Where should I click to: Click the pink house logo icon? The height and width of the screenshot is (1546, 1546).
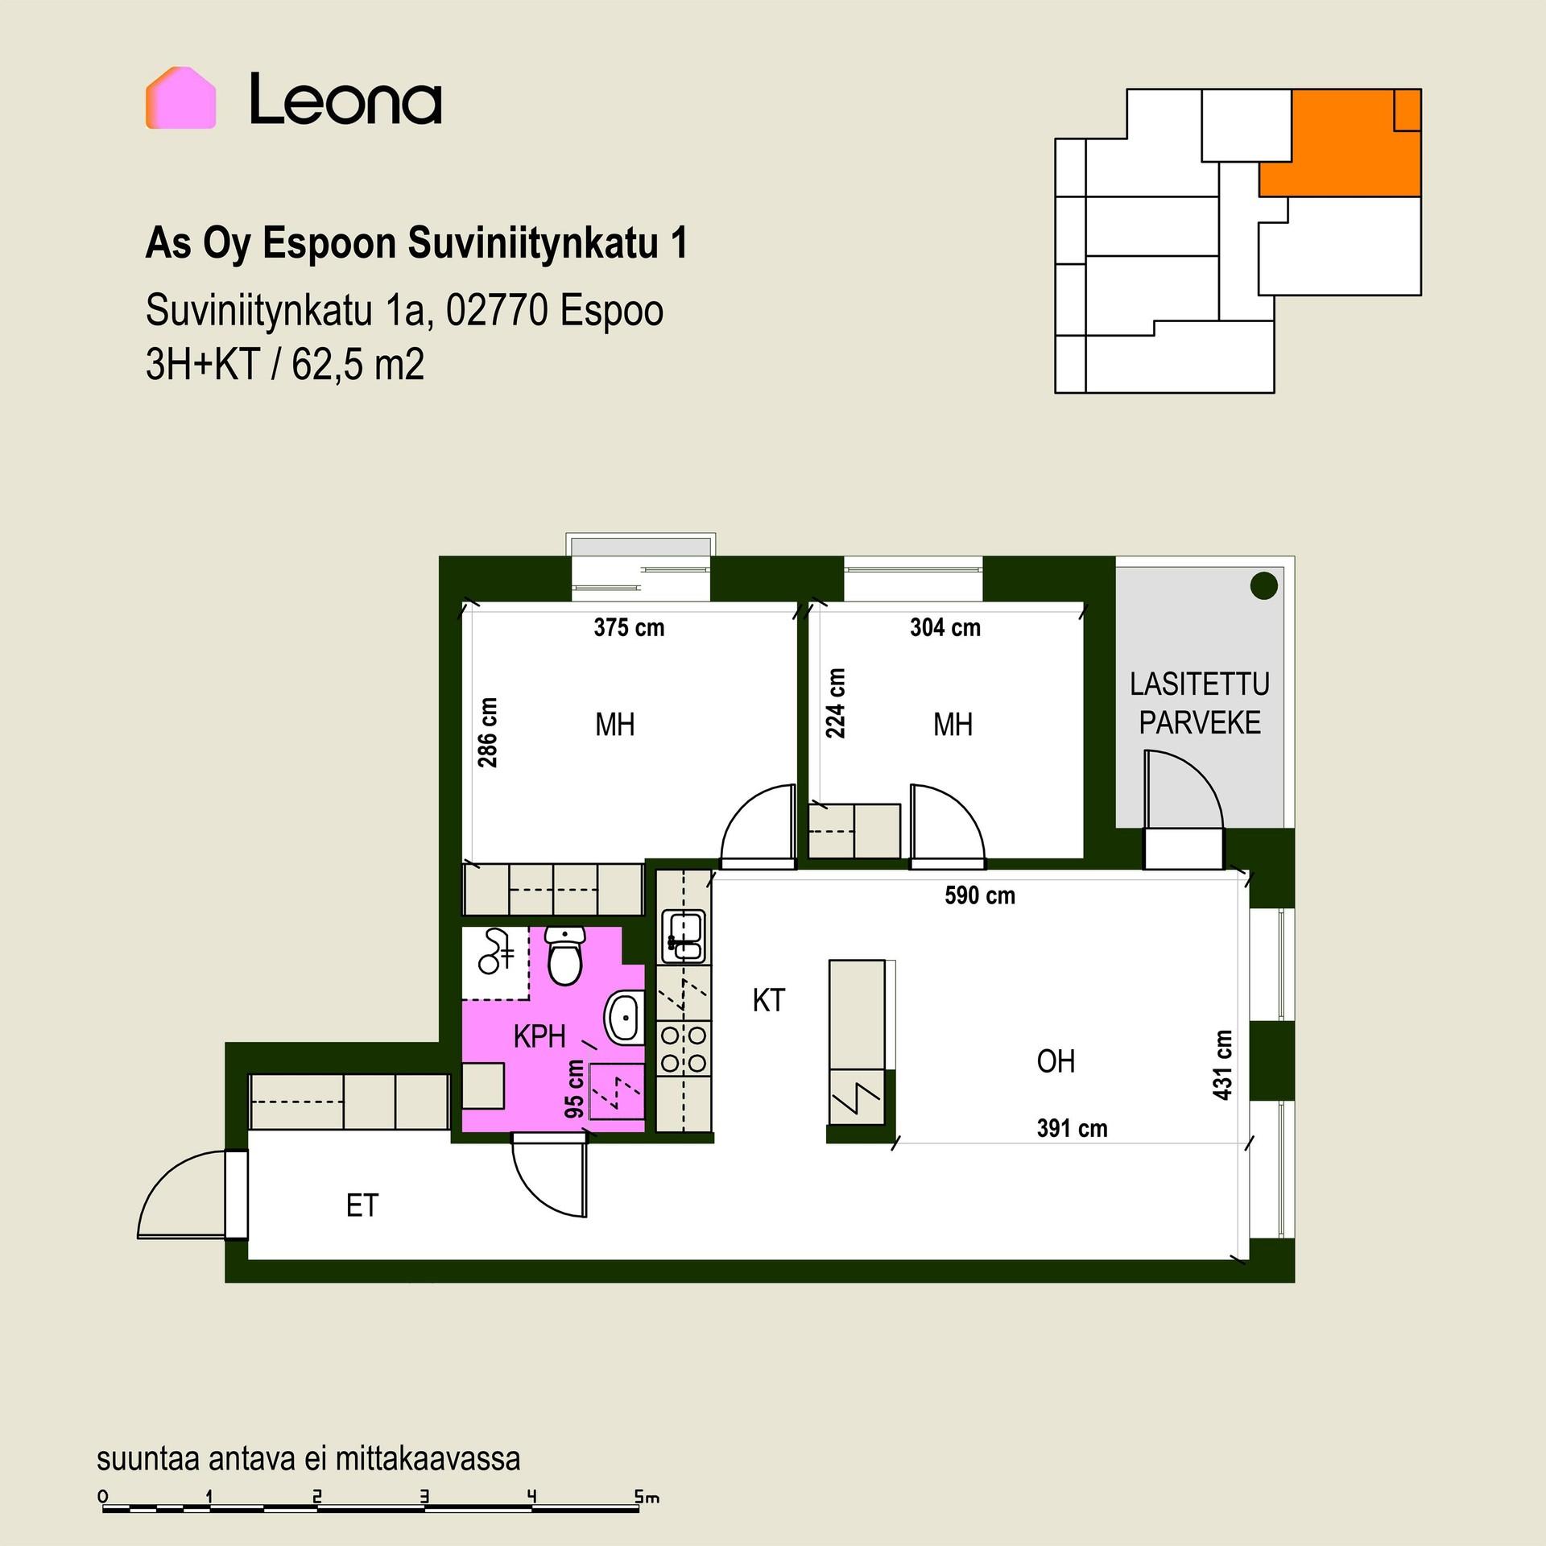coord(180,97)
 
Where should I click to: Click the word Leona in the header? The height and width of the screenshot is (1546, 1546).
coord(345,99)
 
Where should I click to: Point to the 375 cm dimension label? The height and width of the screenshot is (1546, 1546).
coord(629,627)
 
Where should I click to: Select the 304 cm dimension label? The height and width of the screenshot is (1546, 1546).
coord(945,627)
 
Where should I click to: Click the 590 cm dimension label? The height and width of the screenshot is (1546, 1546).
coord(980,895)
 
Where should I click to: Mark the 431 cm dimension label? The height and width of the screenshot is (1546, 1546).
coord(1222,1064)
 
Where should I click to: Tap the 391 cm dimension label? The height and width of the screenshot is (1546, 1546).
coord(1072,1128)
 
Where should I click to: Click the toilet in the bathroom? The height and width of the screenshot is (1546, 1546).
coord(565,955)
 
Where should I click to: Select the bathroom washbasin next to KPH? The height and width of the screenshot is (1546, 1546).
coord(623,1017)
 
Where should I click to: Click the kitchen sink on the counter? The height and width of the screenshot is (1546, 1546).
coord(683,936)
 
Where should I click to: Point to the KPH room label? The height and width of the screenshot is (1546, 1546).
coord(539,1036)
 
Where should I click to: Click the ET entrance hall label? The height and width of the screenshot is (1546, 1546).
coord(362,1205)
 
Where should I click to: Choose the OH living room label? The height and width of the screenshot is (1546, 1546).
coord(1056,1061)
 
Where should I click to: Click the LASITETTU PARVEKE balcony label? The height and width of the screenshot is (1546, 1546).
coord(1200,703)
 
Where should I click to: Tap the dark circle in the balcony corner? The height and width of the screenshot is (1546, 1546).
coord(1264,585)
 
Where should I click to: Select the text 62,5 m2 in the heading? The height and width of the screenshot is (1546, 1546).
coord(358,365)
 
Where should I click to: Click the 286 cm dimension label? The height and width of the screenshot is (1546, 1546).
coord(487,732)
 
